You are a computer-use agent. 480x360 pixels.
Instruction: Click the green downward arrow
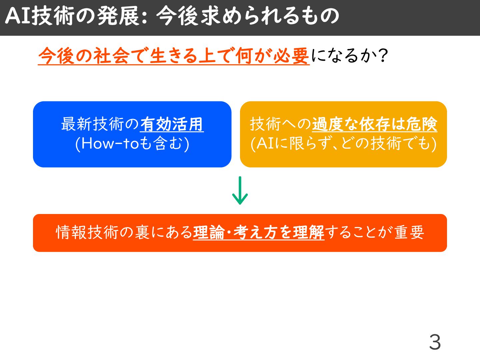coord(240,191)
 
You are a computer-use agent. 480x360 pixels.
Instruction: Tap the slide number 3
coord(435,342)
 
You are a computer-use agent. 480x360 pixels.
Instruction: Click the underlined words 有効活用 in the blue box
coord(172,124)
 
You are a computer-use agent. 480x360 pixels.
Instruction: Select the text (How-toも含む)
coord(132,144)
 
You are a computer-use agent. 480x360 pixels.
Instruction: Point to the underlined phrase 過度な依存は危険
coord(374,124)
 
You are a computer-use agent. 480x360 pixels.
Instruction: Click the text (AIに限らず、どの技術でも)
coord(343,144)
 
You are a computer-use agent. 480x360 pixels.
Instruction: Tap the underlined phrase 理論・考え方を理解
coord(258,232)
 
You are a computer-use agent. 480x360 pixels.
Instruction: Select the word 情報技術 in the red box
coord(87,232)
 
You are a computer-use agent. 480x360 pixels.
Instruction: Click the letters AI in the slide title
coord(18,16)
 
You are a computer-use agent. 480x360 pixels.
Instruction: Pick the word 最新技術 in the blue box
coord(92,124)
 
